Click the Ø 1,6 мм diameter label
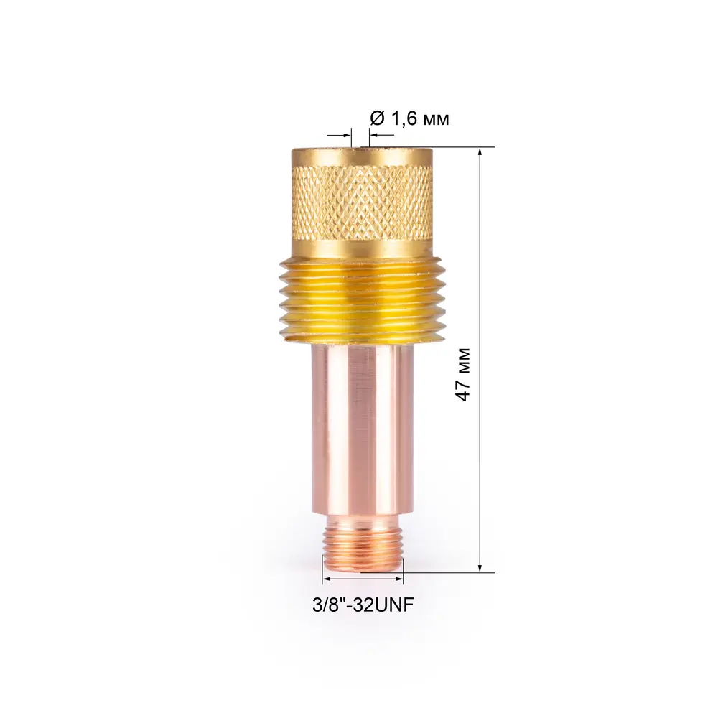point(409,118)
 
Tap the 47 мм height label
point(464,375)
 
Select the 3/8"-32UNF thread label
point(363,605)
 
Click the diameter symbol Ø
point(378,118)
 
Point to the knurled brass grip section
point(362,202)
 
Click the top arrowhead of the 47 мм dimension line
point(480,152)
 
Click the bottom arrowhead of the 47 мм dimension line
point(480,567)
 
